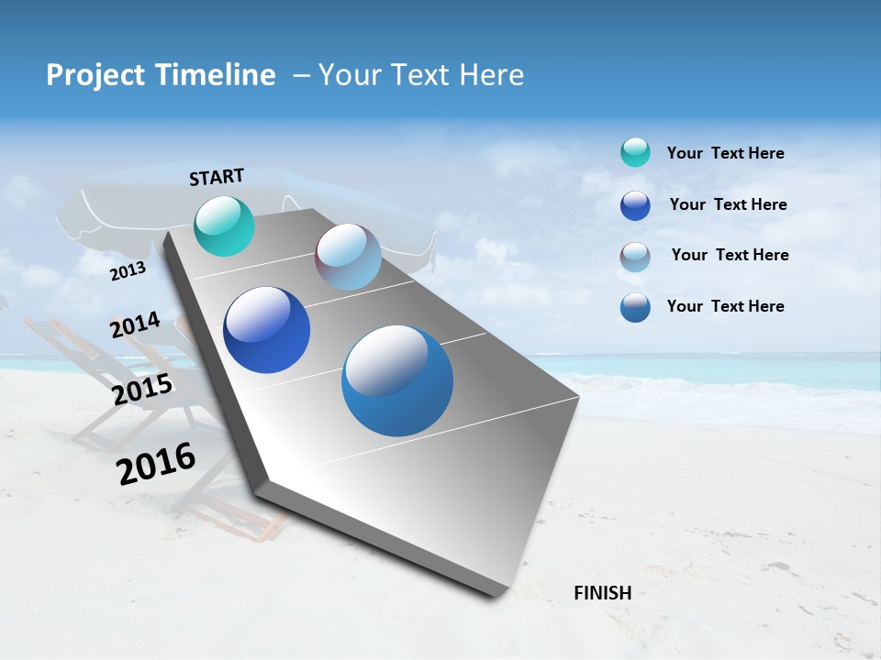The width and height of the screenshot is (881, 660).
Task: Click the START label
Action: [x=217, y=177]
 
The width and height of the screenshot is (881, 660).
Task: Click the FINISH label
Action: [x=602, y=593]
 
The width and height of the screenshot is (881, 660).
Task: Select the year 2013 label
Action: [x=128, y=271]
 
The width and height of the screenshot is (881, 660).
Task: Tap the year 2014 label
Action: [x=135, y=325]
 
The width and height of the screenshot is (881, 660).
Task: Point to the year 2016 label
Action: [x=156, y=463]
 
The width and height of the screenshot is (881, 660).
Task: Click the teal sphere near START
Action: [x=225, y=225]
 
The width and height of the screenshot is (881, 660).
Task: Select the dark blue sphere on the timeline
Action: [x=266, y=330]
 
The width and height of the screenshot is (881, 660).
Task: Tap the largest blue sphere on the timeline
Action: [x=397, y=380]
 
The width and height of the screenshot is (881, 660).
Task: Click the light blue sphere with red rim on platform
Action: [x=348, y=257]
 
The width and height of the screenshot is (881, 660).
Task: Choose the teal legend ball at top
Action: [x=635, y=152]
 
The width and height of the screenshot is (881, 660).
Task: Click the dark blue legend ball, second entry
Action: [x=635, y=205]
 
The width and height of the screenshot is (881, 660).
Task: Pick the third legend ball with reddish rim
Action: [x=635, y=257]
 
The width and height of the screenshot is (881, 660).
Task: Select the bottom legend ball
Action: [x=635, y=307]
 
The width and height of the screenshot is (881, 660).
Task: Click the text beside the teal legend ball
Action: [x=725, y=153]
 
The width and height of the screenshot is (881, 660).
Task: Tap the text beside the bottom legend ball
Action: [x=725, y=306]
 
